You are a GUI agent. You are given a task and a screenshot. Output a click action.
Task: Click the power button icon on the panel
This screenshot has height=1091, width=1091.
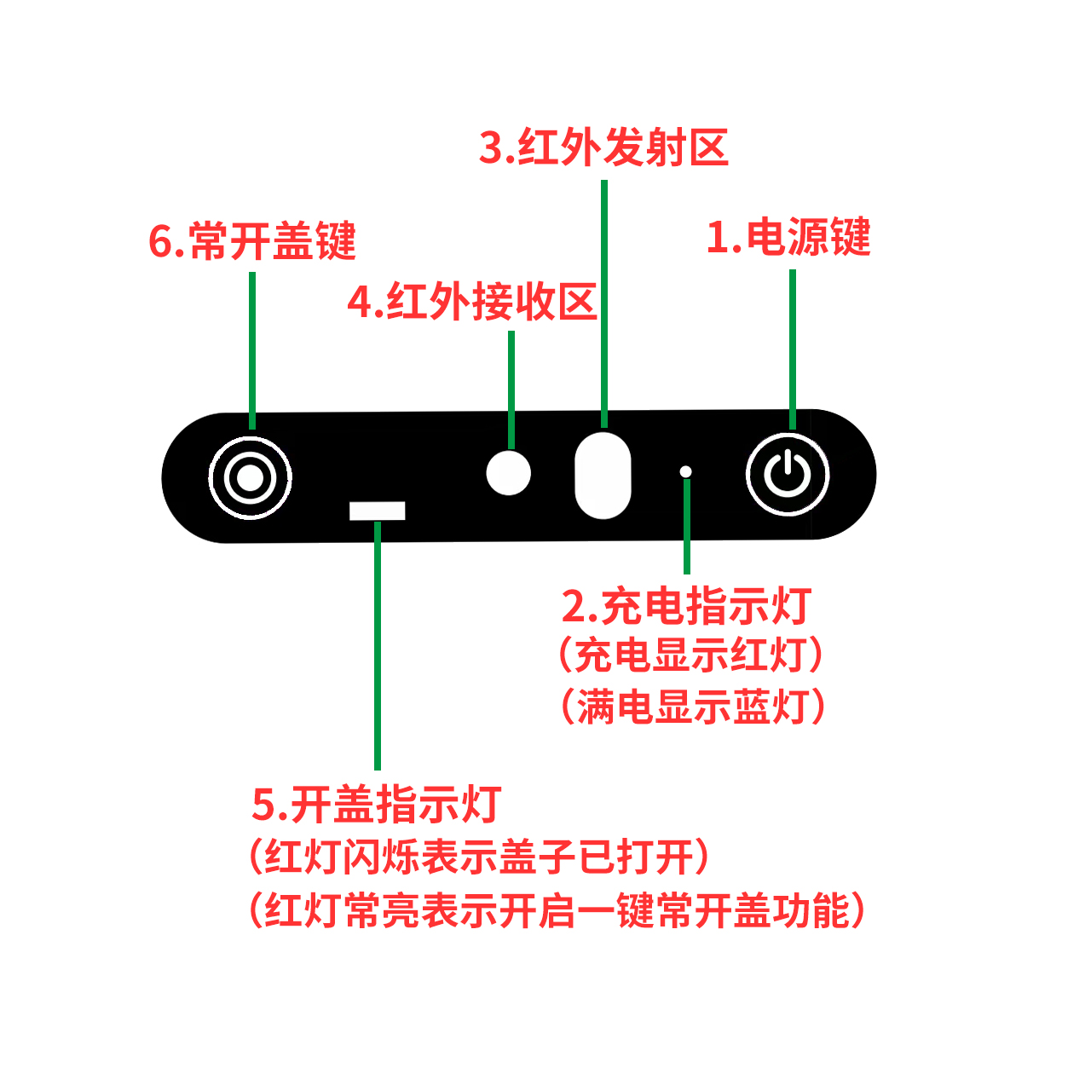click(x=787, y=474)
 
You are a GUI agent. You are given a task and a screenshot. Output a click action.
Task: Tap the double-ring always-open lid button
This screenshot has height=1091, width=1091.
click(x=250, y=478)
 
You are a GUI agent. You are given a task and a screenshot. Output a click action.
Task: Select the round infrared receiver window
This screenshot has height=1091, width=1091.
click(x=508, y=473)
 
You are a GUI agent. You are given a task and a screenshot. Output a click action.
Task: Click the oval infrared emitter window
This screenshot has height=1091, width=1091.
click(x=603, y=476)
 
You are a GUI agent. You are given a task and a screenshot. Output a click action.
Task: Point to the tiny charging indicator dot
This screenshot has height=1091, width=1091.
click(x=685, y=471)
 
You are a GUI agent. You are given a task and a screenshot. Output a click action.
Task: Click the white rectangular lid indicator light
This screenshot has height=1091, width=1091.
click(x=377, y=511)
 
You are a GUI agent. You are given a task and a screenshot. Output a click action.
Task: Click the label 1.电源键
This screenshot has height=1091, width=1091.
click(x=788, y=237)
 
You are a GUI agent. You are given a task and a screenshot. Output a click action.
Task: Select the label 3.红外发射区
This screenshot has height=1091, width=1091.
click(x=603, y=147)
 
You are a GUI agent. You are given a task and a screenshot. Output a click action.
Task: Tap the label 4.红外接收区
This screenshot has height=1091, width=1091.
click(x=472, y=301)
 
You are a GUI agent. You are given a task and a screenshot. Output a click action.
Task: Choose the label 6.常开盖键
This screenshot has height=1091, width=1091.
click(x=252, y=240)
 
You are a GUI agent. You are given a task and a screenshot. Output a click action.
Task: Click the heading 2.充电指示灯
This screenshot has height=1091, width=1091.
click(x=686, y=606)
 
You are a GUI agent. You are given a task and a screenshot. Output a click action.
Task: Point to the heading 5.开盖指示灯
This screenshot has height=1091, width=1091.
click(x=377, y=804)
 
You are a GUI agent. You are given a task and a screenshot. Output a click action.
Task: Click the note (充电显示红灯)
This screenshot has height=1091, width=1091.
click(x=690, y=655)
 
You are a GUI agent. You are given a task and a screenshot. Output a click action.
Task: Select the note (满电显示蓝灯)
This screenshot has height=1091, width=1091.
click(x=692, y=707)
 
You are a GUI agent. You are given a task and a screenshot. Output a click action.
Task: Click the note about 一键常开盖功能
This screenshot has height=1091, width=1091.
click(x=557, y=910)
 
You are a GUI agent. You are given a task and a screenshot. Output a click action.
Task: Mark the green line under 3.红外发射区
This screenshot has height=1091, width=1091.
click(x=604, y=303)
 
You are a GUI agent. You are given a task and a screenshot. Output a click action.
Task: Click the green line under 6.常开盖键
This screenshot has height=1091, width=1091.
click(x=252, y=350)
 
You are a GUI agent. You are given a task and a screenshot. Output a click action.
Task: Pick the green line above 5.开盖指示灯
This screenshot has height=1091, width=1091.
click(x=377, y=645)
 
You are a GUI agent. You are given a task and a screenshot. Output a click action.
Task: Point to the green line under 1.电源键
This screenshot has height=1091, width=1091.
click(x=792, y=349)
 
